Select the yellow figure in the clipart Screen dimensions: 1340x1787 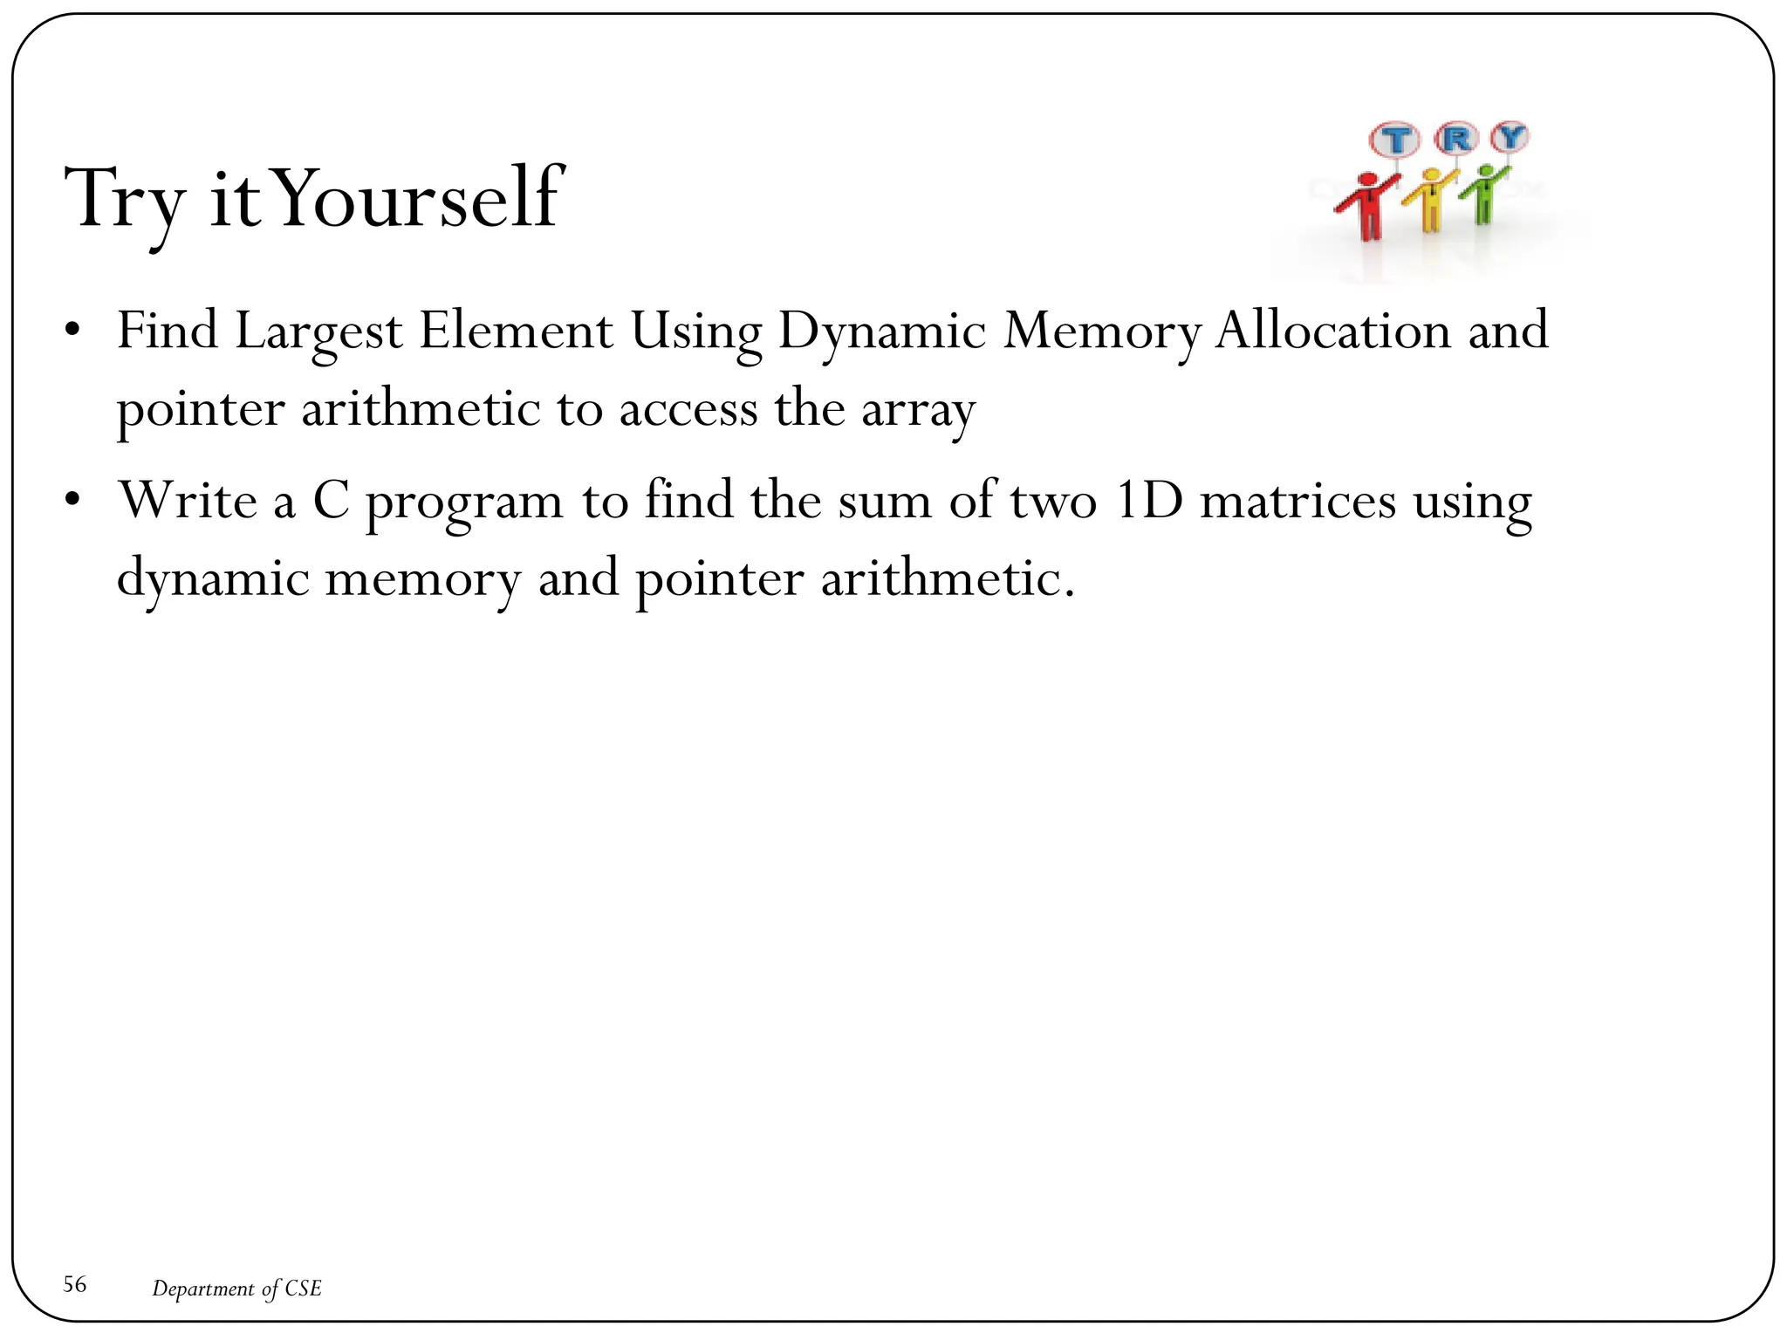pyautogui.click(x=1429, y=201)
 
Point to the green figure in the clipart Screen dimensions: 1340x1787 pyautogui.click(x=1483, y=194)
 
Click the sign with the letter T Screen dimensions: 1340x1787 pyautogui.click(x=1395, y=140)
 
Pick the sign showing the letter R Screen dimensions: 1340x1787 pyautogui.click(x=1455, y=138)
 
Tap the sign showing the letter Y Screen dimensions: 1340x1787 pyautogui.click(x=1510, y=136)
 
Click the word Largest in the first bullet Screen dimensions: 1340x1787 pyautogui.click(x=318, y=332)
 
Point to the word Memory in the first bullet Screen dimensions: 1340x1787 pyautogui.click(x=1101, y=332)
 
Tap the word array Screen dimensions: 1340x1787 pyautogui.click(x=918, y=410)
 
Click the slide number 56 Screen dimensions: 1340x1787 pyautogui.click(x=75, y=1284)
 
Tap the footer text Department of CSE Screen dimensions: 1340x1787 pyautogui.click(x=236, y=1289)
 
